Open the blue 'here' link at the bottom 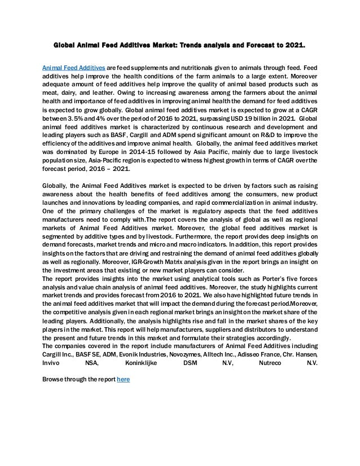[x=123, y=380]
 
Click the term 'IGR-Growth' [x=156, y=262]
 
